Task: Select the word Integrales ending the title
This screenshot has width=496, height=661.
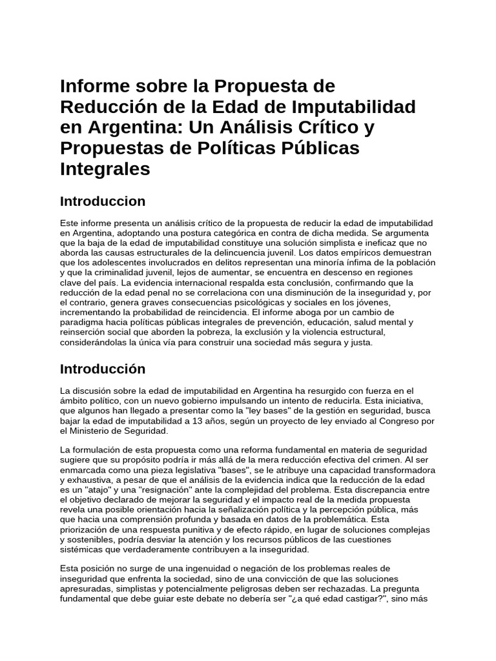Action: (x=105, y=169)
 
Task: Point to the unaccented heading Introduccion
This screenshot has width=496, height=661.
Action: (x=103, y=201)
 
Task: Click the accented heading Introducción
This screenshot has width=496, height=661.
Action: (x=103, y=369)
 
